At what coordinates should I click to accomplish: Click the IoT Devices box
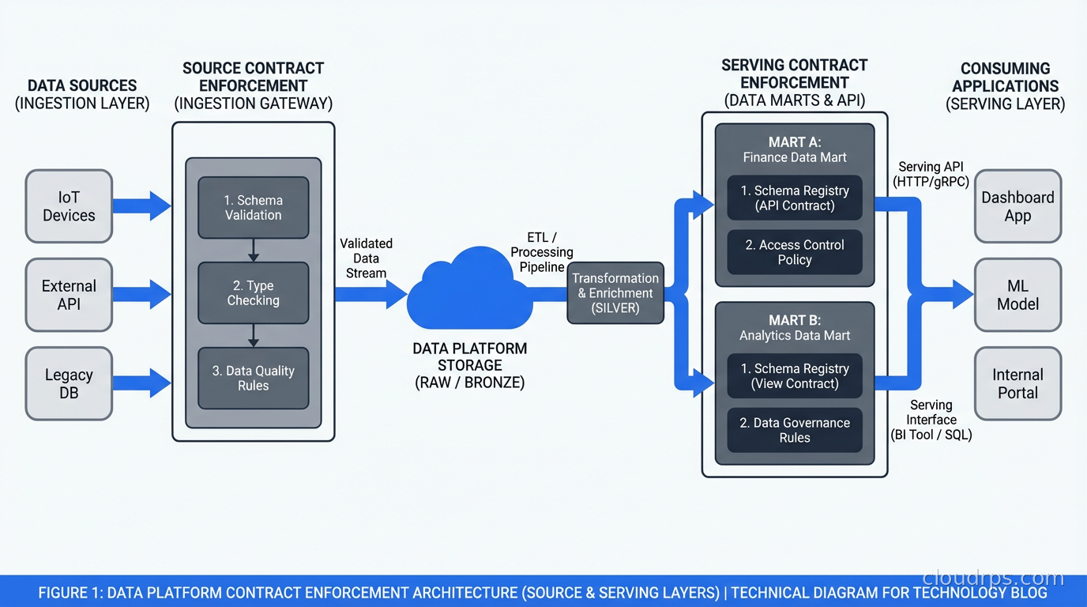[x=69, y=206]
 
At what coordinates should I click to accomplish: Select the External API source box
[x=69, y=295]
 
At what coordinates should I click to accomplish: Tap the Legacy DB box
[x=69, y=383]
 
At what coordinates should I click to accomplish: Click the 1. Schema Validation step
[x=253, y=207]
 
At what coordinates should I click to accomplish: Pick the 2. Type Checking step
[x=253, y=293]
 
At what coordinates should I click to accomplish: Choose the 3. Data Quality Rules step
[x=253, y=378]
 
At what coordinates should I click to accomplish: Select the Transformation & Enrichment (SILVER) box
[x=615, y=293]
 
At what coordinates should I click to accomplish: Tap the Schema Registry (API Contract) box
[x=794, y=198]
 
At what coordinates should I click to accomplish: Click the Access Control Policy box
[x=794, y=252]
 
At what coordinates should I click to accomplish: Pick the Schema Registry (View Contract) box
[x=794, y=375]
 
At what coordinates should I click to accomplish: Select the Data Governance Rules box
[x=794, y=430]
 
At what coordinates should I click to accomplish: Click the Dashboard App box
[x=1017, y=206]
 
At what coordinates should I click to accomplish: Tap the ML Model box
[x=1017, y=295]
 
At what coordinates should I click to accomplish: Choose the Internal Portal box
[x=1017, y=383]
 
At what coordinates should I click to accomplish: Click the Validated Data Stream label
[x=366, y=258]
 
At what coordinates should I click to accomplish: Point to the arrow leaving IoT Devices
[x=141, y=206]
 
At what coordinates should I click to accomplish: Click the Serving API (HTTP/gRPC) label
[x=931, y=174]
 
